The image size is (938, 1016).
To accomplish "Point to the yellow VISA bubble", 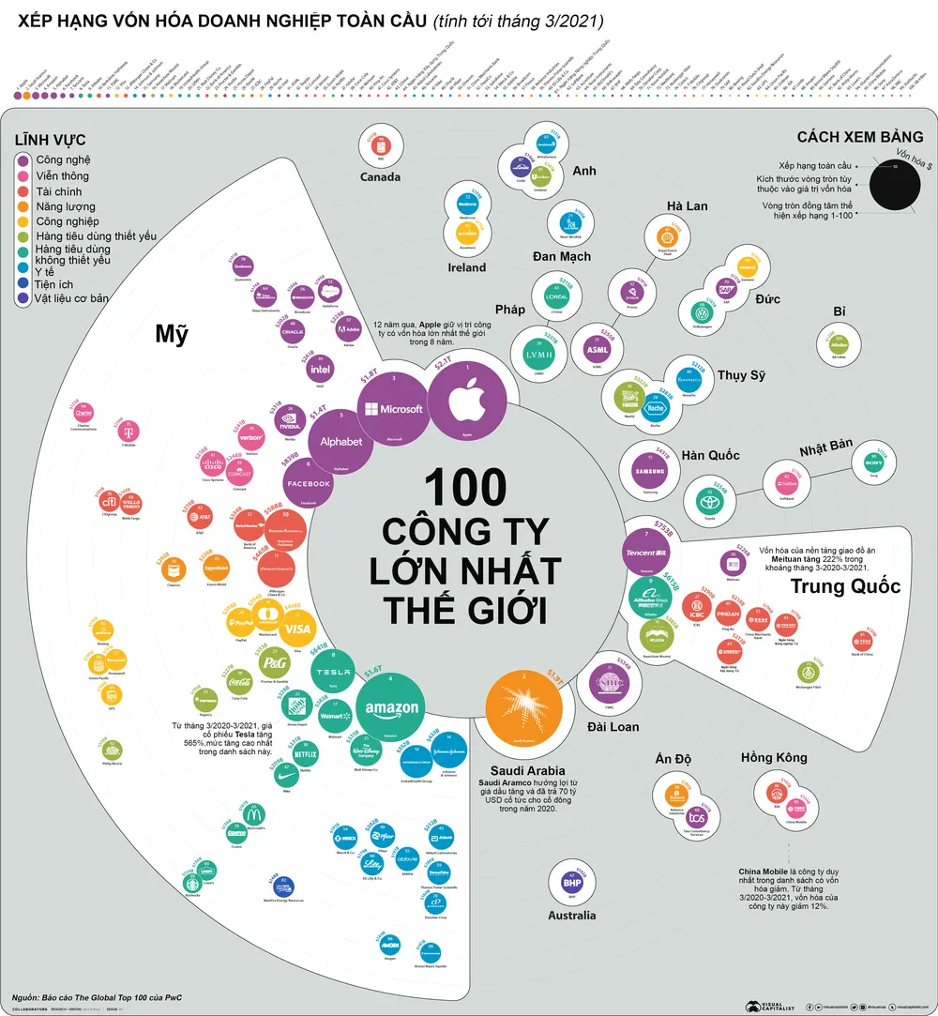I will click(295, 629).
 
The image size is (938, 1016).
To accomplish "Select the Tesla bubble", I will click(329, 673).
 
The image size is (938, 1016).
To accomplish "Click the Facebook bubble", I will click(308, 483).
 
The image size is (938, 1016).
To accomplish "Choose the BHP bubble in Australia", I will click(572, 882).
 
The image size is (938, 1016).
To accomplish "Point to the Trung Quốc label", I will click(845, 586).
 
